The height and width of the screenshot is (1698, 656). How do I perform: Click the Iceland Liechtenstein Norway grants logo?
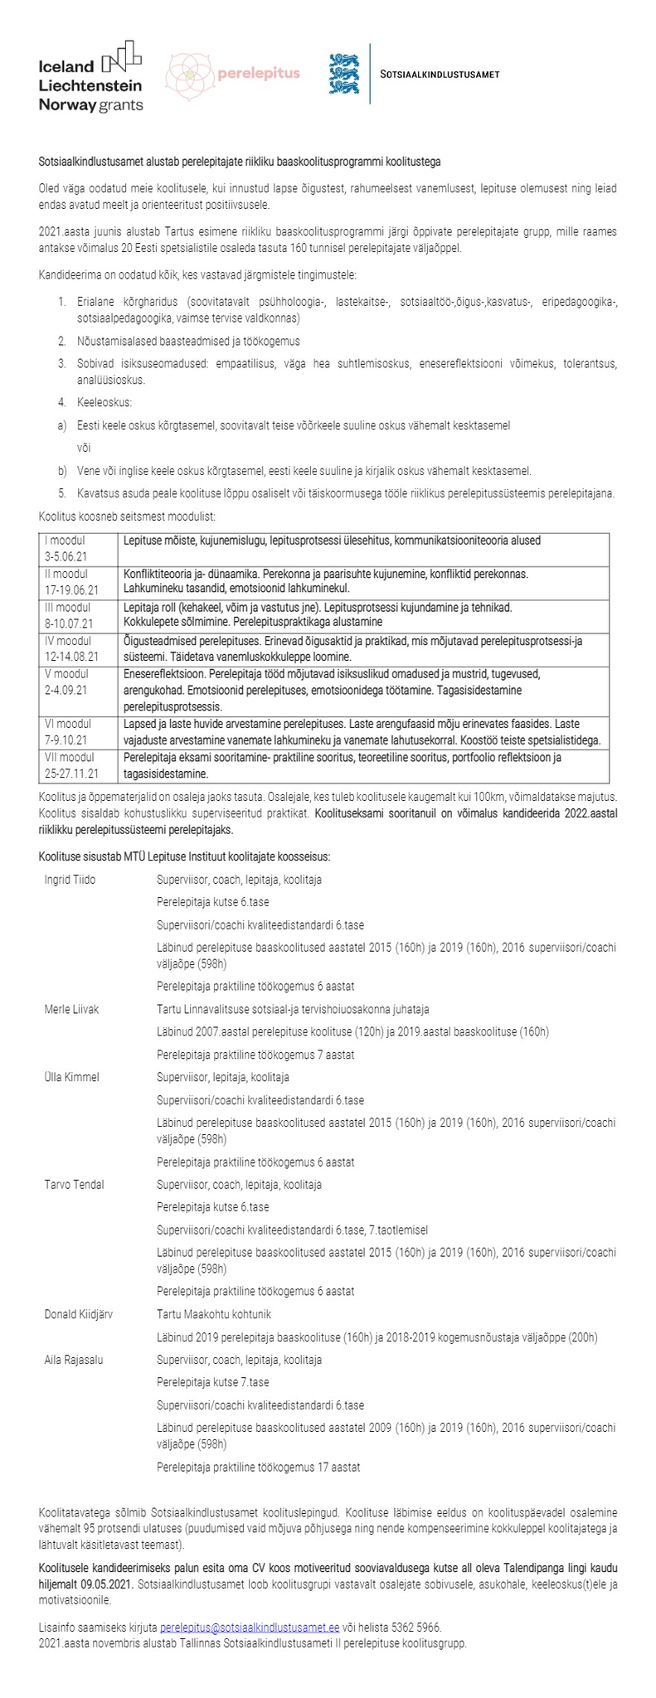coord(91,75)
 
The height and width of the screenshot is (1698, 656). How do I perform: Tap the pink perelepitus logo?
coord(232,75)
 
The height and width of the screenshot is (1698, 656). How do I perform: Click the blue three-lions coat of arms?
coord(344,74)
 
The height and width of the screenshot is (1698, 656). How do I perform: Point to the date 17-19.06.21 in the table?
coord(71,590)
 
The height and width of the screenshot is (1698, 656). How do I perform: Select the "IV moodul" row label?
coord(67,640)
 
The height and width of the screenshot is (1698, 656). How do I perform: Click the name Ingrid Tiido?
coord(70,880)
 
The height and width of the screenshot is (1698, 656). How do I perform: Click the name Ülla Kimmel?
coord(71,1077)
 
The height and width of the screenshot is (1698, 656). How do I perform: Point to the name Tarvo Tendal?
coord(74,1184)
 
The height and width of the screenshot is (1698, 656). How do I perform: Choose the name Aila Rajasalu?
coord(74,1360)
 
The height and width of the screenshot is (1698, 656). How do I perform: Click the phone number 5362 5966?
coord(416,1628)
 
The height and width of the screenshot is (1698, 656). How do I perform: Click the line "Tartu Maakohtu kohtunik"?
coord(213,1314)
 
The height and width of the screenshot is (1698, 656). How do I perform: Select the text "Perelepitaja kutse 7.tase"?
coord(212,1382)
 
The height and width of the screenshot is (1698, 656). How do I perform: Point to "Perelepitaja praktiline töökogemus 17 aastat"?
coord(258,1467)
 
